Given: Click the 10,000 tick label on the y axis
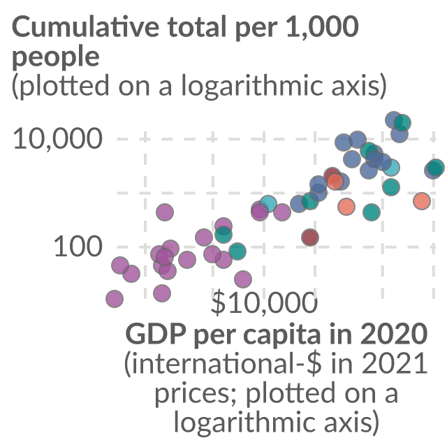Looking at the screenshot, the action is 57,139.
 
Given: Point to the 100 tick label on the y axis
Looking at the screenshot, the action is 78,247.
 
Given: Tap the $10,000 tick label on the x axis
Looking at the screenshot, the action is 264,302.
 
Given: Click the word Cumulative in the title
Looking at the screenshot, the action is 85,27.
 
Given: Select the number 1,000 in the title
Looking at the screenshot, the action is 322,27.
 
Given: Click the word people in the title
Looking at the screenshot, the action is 56,57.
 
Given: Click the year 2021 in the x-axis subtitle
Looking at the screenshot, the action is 395,363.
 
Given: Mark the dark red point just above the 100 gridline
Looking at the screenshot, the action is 310,237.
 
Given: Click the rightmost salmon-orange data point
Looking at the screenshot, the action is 422,201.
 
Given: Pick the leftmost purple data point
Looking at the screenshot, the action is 115,299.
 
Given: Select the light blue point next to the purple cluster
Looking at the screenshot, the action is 268,204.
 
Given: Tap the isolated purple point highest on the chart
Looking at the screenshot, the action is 165,212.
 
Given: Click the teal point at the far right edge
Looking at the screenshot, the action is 436,168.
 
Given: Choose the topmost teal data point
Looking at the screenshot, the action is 402,123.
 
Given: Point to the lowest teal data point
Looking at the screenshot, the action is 237,251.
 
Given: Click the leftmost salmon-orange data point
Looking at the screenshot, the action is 335,181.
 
